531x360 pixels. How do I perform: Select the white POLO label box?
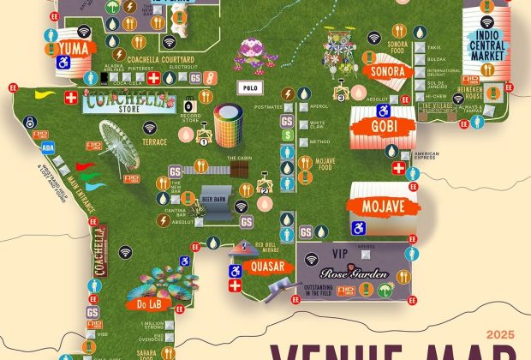pos(251,87)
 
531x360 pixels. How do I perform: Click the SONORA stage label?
pos(388,71)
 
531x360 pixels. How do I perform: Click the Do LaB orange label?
pos(143,303)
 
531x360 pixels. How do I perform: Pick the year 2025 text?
pos(501,334)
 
